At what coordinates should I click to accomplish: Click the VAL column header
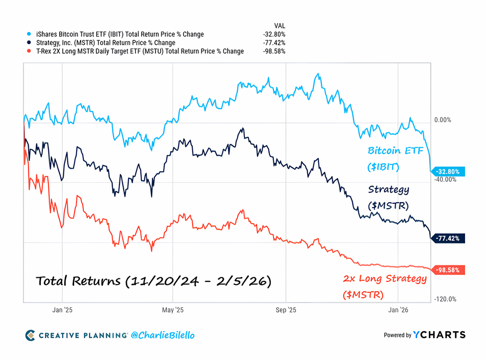tap(280, 25)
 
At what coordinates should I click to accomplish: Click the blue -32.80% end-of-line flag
tap(450, 172)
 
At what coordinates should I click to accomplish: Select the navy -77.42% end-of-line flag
tap(450, 238)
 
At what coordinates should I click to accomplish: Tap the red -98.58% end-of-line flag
tap(450, 270)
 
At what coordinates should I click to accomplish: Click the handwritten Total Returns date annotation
tap(153, 281)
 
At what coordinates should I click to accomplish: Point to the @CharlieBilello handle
tap(162, 335)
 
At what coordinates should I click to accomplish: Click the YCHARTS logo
tap(439, 335)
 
